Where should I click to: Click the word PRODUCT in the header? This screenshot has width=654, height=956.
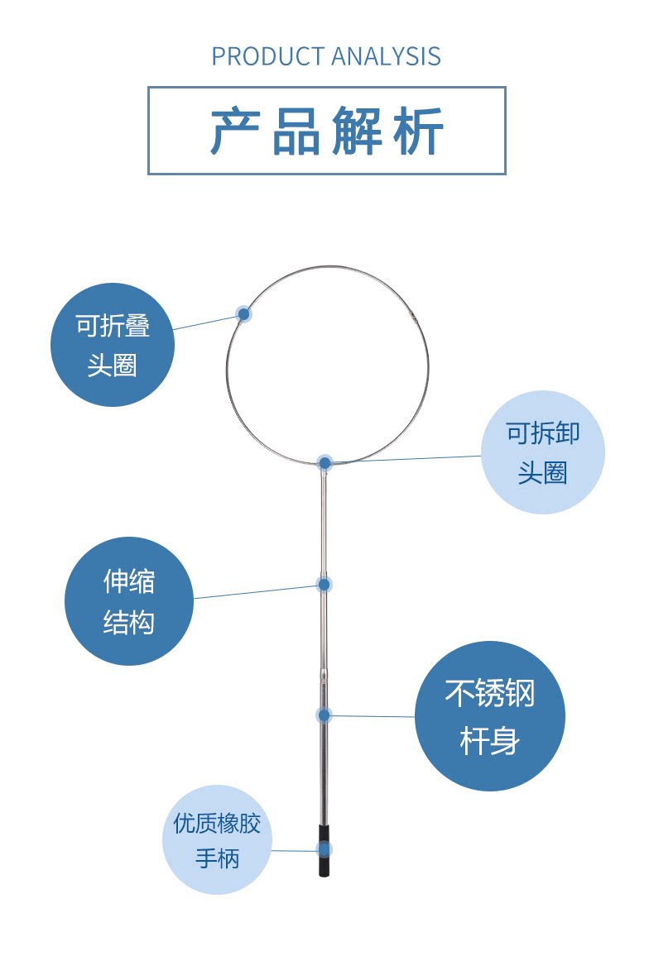[x=267, y=56]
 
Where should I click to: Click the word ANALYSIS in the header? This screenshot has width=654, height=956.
[x=386, y=56]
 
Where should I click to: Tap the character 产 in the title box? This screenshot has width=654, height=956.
[x=233, y=131]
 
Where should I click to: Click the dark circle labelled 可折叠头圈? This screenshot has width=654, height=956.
[x=113, y=345]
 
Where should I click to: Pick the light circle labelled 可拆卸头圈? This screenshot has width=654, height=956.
[x=543, y=452]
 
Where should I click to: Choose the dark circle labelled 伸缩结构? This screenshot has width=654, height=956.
[x=129, y=601]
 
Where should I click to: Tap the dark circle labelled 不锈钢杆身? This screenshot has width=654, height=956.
[x=490, y=716]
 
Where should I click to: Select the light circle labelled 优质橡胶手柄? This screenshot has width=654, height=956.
[x=217, y=839]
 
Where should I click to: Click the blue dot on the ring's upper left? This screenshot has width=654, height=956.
[x=243, y=313]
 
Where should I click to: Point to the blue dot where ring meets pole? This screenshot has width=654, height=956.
[x=325, y=463]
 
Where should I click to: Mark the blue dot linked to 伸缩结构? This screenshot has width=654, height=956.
[x=325, y=585]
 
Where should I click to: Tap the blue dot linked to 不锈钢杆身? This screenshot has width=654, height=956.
[x=325, y=715]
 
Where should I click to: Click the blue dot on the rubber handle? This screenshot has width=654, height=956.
[x=325, y=849]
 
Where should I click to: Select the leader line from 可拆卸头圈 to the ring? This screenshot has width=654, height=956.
[x=406, y=459]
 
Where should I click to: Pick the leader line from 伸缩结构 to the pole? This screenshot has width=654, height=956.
[x=257, y=591]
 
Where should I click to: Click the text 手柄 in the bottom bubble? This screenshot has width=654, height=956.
[x=217, y=858]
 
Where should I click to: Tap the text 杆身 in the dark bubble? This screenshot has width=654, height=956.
[x=490, y=740]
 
